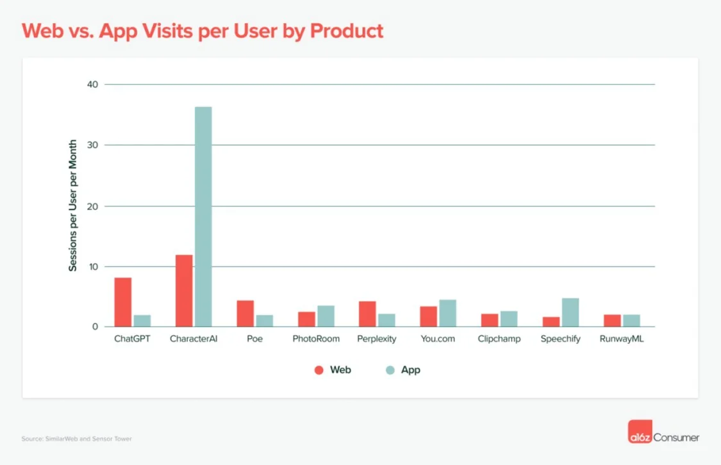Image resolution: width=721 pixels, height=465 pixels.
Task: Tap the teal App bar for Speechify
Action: (570, 313)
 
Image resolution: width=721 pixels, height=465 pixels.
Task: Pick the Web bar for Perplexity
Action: (367, 314)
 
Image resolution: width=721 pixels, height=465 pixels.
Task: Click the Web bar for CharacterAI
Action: (184, 291)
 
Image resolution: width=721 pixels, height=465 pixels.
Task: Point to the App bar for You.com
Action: (447, 313)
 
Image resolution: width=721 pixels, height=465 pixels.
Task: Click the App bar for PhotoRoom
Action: (326, 316)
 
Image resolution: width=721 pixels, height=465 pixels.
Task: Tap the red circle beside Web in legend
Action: (319, 370)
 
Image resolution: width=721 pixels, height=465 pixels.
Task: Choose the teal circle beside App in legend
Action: (390, 370)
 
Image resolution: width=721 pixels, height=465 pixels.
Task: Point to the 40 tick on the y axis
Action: (94, 85)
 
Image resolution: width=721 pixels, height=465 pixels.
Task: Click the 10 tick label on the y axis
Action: (94, 266)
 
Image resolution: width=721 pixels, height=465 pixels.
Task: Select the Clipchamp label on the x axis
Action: (499, 339)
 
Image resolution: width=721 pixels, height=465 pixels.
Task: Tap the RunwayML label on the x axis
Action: (622, 339)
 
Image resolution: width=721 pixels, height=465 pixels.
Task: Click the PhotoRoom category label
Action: (316, 339)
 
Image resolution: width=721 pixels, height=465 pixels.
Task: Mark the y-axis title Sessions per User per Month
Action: (73, 205)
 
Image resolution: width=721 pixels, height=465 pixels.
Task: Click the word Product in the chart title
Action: (347, 31)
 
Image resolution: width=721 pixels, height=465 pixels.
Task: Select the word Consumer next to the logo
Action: (676, 438)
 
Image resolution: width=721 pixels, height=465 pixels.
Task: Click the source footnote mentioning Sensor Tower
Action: (76, 439)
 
